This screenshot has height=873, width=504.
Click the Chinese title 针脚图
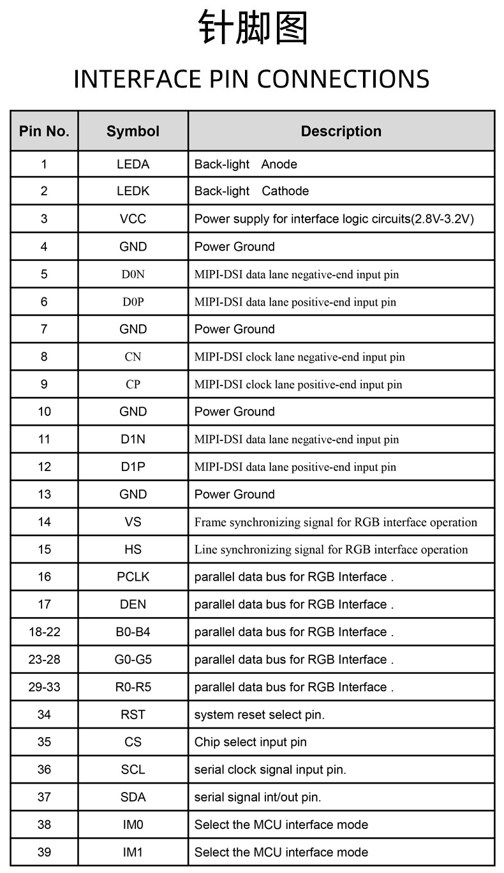[253, 29]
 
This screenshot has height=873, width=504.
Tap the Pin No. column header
[44, 131]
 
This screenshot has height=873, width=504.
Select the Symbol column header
[133, 131]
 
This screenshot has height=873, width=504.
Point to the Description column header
[341, 131]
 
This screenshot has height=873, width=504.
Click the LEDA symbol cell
[133, 164]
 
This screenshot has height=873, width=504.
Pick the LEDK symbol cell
[133, 191]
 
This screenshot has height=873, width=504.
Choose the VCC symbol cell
[133, 219]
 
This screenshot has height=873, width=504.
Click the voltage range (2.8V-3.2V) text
[443, 219]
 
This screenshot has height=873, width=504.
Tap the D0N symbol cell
[133, 274]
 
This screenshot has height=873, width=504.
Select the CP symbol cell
[133, 384]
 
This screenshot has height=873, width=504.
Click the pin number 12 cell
[44, 466]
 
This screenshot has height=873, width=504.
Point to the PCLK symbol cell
[133, 577]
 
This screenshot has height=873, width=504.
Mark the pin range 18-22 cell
[44, 632]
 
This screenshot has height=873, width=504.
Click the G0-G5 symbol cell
[133, 659]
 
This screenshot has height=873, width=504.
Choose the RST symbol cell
[133, 714]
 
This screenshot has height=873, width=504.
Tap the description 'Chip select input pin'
[250, 742]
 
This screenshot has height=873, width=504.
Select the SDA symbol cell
[133, 797]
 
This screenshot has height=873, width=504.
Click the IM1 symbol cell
[133, 852]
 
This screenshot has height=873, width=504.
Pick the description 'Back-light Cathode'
[251, 191]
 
